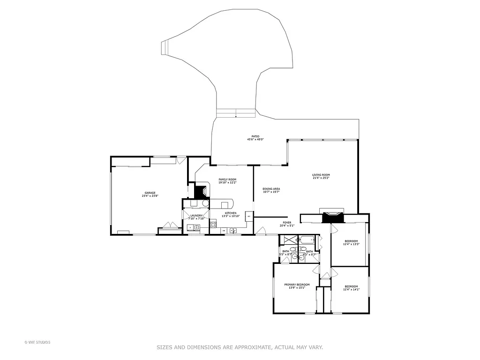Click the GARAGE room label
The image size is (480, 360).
coord(150,193)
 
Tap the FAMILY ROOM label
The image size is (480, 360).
coord(227,180)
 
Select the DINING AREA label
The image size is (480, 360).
coord(271,188)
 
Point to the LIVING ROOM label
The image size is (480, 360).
coord(321,175)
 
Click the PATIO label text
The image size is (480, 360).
coord(255,136)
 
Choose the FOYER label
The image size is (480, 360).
coord(287,223)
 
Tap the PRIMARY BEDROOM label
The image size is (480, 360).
coord(297,285)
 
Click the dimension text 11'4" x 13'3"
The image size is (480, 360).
coord(351,244)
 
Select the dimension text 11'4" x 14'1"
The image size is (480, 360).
coord(351,290)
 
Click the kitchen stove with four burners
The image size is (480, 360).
coord(213,224)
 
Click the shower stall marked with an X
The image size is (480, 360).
coord(290,240)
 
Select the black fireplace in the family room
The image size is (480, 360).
coord(202,192)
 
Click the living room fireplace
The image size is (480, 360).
coord(333,217)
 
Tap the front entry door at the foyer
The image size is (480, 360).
coord(261,231)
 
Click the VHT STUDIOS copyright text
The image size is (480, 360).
coord(37,342)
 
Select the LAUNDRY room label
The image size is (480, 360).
coord(196,216)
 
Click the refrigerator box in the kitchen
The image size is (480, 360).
coord(248,216)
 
